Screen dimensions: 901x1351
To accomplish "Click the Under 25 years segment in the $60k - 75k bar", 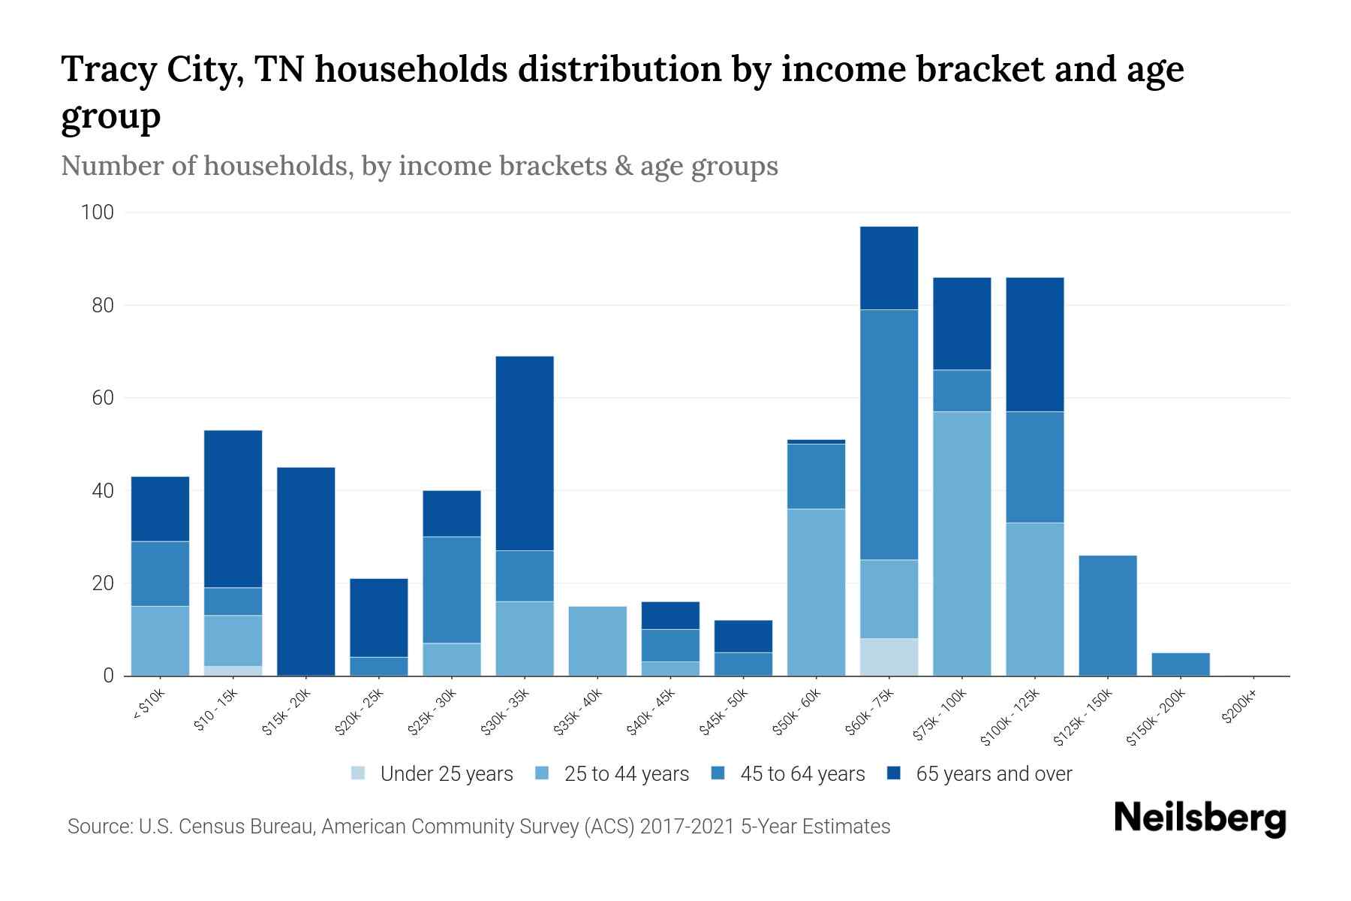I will point(889,657).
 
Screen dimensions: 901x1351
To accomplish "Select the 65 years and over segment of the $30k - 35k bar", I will point(525,453).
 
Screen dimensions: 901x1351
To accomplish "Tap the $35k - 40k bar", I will point(597,640).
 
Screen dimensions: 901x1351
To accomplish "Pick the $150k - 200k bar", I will point(1181,664).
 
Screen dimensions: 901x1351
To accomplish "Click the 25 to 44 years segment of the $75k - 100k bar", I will point(961,543).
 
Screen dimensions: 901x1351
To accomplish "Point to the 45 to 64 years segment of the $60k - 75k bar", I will point(889,434).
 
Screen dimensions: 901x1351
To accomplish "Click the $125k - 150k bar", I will point(1108,615).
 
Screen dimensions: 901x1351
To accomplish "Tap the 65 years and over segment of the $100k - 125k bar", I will point(1035,344).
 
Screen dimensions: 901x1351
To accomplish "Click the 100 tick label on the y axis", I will point(97,212).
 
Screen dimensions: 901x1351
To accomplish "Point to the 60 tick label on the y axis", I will point(102,398).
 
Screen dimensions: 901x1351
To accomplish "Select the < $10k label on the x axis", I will point(148,706).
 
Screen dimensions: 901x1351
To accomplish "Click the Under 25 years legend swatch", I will point(359,773).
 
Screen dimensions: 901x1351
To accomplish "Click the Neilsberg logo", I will point(1199,818).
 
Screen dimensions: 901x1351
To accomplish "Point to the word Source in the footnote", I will point(98,827).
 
